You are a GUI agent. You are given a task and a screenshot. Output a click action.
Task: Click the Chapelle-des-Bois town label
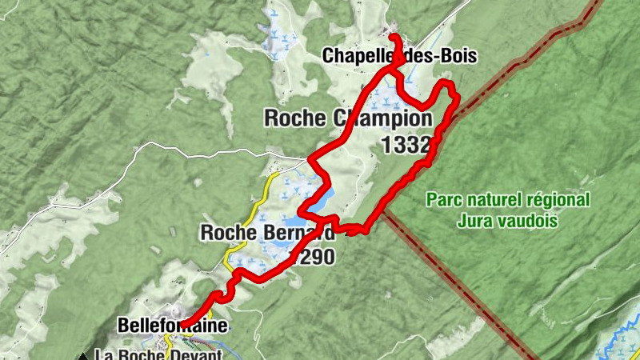tap(399, 56)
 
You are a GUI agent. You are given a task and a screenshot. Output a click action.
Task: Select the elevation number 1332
tap(407, 145)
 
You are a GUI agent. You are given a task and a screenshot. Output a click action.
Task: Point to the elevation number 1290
tap(311, 258)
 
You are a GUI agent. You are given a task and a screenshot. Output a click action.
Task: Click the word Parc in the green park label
tap(442, 199)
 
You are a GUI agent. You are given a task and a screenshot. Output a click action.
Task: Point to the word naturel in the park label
tap(492, 199)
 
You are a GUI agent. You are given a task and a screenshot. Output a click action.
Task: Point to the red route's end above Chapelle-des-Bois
tap(393, 37)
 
